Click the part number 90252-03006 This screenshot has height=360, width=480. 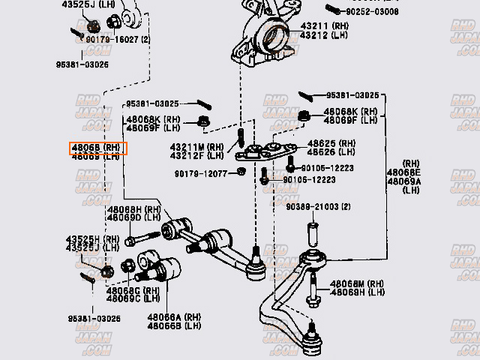[x=373, y=12]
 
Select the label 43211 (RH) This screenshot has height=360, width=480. [x=323, y=26]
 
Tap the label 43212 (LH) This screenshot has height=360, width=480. [x=323, y=35]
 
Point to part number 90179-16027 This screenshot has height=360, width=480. [x=112, y=39]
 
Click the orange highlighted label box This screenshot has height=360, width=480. [x=98, y=148]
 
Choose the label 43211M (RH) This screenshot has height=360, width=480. [x=196, y=147]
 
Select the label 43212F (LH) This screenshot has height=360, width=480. [x=196, y=156]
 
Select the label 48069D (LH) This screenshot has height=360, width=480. [x=134, y=218]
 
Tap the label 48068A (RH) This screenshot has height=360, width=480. [x=174, y=317]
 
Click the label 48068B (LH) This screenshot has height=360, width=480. [x=174, y=326]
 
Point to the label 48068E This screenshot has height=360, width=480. [x=404, y=172]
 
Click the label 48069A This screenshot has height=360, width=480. [x=404, y=181]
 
